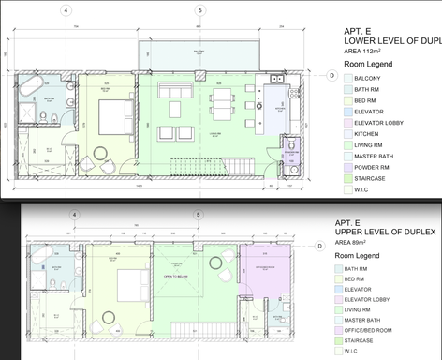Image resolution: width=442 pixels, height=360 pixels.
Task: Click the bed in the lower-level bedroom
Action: [117, 117]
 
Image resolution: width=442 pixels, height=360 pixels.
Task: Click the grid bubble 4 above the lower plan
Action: [66, 11]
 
